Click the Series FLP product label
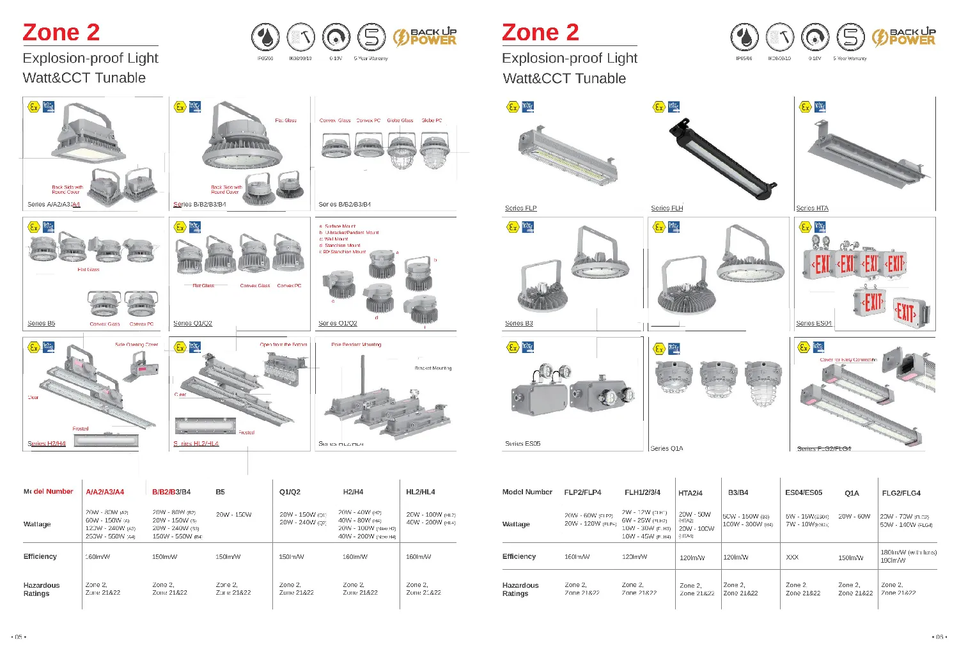(520, 208)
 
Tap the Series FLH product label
(667, 208)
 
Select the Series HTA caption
(812, 208)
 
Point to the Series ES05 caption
(522, 443)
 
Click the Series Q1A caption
(666, 448)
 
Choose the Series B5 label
(41, 324)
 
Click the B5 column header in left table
(220, 492)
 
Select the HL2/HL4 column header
(420, 492)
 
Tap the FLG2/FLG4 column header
(901, 493)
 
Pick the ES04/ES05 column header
(804, 492)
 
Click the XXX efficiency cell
(792, 557)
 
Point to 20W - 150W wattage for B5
(233, 514)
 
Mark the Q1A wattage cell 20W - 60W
(854, 516)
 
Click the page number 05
(19, 637)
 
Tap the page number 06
(939, 637)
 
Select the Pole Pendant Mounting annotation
(356, 345)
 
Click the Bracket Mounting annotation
(433, 368)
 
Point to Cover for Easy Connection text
(848, 360)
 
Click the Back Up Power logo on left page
(425, 37)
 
